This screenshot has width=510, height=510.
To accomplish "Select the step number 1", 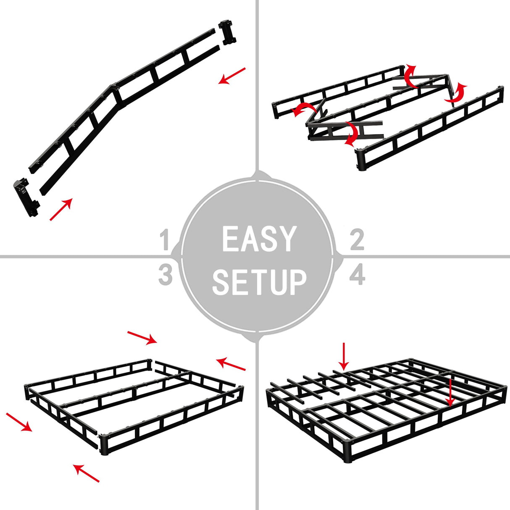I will click(165, 241).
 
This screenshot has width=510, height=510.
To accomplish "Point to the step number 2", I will click(357, 240).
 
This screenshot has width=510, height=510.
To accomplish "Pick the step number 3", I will click(166, 275).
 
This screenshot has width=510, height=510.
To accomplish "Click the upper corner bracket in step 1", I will click(227, 32).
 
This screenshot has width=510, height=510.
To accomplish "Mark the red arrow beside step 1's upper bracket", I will click(231, 76).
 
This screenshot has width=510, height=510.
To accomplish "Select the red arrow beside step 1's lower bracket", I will click(61, 209).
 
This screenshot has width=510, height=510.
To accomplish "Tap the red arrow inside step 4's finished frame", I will click(450, 393).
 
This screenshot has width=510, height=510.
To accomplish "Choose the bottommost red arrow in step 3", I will click(87, 473).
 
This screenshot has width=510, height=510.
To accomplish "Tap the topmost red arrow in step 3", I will click(142, 337).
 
